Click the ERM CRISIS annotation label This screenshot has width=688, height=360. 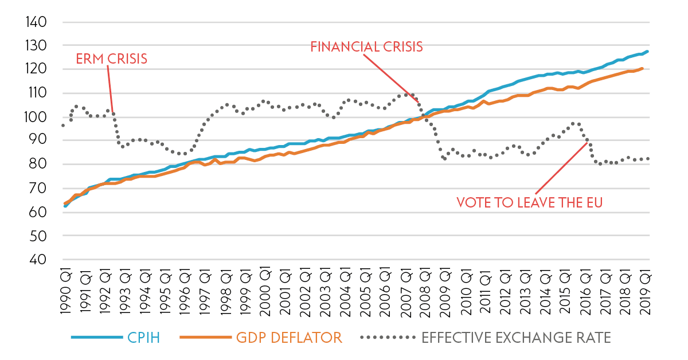pos(112,58)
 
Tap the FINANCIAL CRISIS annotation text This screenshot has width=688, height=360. pos(366,46)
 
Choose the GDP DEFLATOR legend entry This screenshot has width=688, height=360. pos(290,338)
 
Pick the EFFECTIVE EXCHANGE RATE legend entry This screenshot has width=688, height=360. pos(516,338)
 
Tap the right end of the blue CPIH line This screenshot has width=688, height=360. pos(647,52)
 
